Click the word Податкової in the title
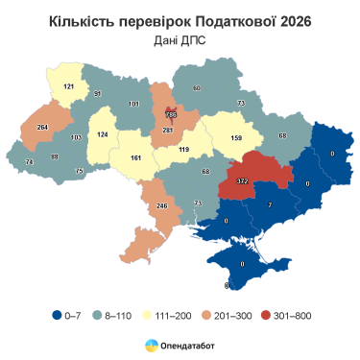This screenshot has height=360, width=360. (228, 20)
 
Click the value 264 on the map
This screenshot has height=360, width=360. (42, 126)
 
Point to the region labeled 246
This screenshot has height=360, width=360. (162, 205)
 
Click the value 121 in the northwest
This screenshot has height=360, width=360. (68, 86)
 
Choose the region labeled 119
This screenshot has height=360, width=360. (183, 150)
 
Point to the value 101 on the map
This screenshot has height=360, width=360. (133, 103)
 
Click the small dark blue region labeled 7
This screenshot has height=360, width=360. (270, 204)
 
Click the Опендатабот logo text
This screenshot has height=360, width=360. (188, 344)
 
